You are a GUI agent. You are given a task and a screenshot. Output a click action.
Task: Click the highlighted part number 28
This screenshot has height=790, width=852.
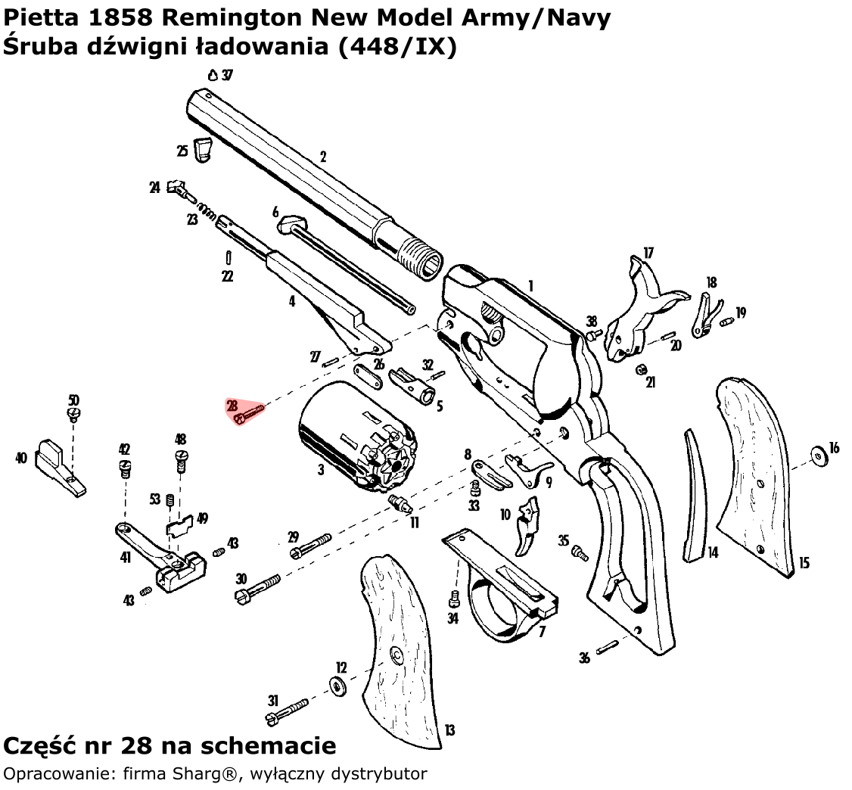(x=232, y=406)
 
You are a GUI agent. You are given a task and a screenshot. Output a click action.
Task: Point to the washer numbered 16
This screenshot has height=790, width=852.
(x=818, y=456)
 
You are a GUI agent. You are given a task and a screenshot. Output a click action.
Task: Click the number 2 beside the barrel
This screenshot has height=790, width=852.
(x=323, y=157)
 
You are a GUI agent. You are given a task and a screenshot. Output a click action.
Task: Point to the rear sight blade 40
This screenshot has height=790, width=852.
(x=61, y=462)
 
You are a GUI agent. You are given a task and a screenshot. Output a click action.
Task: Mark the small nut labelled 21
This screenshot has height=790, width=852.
(x=639, y=369)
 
